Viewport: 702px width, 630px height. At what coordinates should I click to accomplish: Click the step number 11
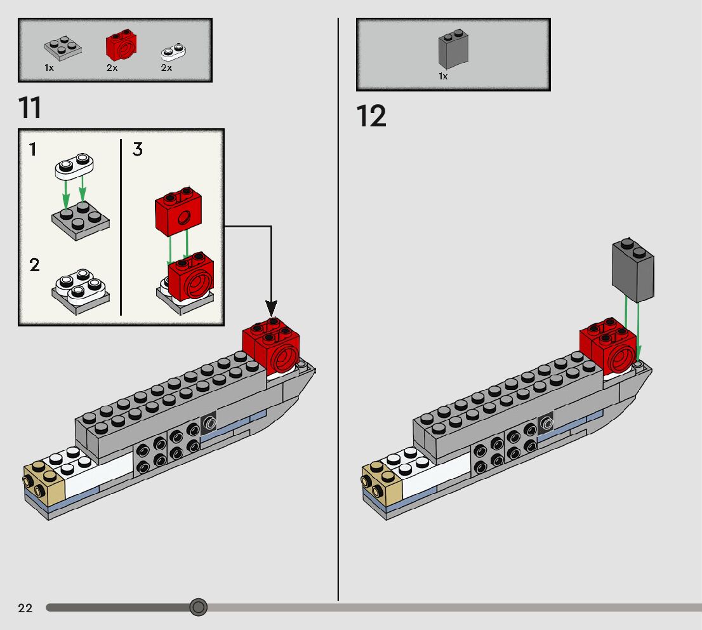tap(30, 107)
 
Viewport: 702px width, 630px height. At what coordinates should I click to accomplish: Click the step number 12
tap(371, 116)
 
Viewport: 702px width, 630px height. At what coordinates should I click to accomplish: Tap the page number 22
tap(25, 608)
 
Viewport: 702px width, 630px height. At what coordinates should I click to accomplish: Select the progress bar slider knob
tap(198, 607)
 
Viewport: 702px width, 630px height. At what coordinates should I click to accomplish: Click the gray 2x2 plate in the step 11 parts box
tap(63, 48)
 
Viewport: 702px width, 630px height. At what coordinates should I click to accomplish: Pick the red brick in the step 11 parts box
tap(121, 45)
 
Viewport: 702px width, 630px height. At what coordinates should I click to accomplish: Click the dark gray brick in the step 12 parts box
tap(454, 50)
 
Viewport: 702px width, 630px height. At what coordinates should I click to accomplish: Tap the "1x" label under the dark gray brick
tap(443, 76)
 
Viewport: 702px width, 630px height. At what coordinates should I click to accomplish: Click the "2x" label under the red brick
tap(112, 68)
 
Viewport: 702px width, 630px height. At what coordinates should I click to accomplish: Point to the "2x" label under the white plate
tap(166, 68)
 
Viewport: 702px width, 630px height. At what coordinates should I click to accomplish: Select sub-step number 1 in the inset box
tap(32, 149)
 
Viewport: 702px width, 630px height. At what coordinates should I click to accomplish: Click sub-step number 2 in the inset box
tap(34, 265)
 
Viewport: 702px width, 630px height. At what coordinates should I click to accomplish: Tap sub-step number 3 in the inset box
tap(138, 149)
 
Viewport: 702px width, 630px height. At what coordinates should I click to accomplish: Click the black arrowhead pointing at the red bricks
tap(271, 308)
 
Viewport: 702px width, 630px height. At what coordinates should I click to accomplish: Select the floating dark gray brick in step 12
tap(633, 270)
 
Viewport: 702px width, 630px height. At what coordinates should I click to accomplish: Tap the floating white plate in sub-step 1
tap(74, 166)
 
